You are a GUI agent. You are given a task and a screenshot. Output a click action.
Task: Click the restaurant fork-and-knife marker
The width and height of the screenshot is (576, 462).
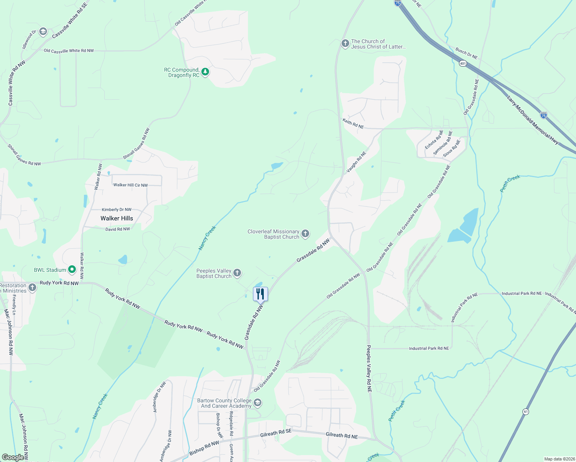(x=260, y=294)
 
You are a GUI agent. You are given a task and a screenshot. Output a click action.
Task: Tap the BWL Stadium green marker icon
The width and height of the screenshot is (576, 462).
(x=72, y=270)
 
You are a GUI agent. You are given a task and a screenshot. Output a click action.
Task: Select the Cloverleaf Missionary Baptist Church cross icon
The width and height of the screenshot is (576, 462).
(x=305, y=234)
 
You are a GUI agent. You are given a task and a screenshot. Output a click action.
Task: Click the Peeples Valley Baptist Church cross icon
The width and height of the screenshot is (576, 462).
(x=237, y=273)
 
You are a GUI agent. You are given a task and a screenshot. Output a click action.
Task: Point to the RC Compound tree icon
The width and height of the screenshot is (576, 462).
(x=206, y=72)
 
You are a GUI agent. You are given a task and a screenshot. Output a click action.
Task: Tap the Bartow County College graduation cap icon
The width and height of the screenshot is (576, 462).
(x=258, y=403)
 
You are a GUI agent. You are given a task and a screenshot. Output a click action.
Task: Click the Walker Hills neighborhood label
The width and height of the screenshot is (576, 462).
(x=117, y=218)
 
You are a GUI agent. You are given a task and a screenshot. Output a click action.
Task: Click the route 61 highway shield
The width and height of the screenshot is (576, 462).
(x=526, y=412)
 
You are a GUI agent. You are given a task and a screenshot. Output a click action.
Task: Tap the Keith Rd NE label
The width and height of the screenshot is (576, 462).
(x=353, y=124)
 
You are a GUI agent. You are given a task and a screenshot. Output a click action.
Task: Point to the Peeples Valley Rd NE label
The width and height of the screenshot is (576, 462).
(x=369, y=368)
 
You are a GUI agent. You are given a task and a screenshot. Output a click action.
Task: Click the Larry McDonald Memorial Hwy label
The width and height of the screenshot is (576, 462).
(x=532, y=120)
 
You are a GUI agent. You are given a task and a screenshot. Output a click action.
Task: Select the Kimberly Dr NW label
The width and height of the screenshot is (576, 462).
(x=117, y=209)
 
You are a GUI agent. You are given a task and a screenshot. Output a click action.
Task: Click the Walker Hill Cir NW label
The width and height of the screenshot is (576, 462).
(x=131, y=185)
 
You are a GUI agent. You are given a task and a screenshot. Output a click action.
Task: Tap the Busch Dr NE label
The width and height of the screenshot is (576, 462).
(x=466, y=53)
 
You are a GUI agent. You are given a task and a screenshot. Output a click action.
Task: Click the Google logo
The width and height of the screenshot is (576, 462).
(x=13, y=457)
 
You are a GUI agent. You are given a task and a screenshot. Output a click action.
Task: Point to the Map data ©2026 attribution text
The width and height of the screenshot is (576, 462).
(x=559, y=459)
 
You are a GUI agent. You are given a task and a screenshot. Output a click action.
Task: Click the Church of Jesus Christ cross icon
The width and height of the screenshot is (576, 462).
(x=345, y=44)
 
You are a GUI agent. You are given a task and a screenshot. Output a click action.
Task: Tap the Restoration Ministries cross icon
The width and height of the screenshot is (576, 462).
(x=32, y=287)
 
